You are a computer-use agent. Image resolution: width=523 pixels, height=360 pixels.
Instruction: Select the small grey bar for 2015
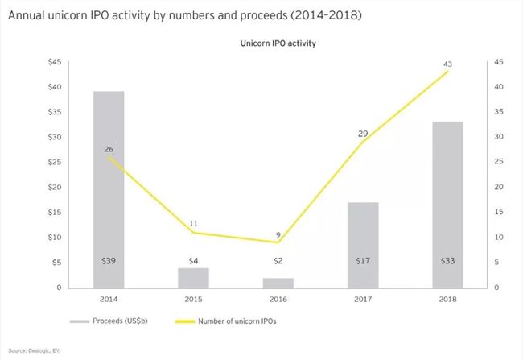click(193, 278)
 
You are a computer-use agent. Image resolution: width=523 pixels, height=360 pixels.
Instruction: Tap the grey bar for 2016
click(278, 283)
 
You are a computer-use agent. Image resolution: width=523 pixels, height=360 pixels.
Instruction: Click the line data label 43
click(447, 64)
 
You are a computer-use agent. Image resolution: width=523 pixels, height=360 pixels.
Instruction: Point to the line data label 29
click(363, 133)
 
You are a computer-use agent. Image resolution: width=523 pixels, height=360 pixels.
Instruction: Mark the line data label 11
click(194, 222)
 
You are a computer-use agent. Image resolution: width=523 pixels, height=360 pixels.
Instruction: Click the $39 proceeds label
click(109, 262)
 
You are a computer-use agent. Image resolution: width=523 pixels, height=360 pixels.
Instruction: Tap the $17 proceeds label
click(363, 262)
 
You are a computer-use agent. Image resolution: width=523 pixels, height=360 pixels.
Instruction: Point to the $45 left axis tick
click(56, 62)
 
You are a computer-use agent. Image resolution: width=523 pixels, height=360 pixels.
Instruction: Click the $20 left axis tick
click(56, 187)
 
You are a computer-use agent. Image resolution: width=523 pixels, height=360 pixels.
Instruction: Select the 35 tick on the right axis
click(499, 112)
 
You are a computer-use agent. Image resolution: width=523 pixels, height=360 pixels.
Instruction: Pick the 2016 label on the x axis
click(278, 299)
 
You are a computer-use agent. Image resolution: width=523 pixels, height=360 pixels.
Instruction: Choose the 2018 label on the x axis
click(447, 299)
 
